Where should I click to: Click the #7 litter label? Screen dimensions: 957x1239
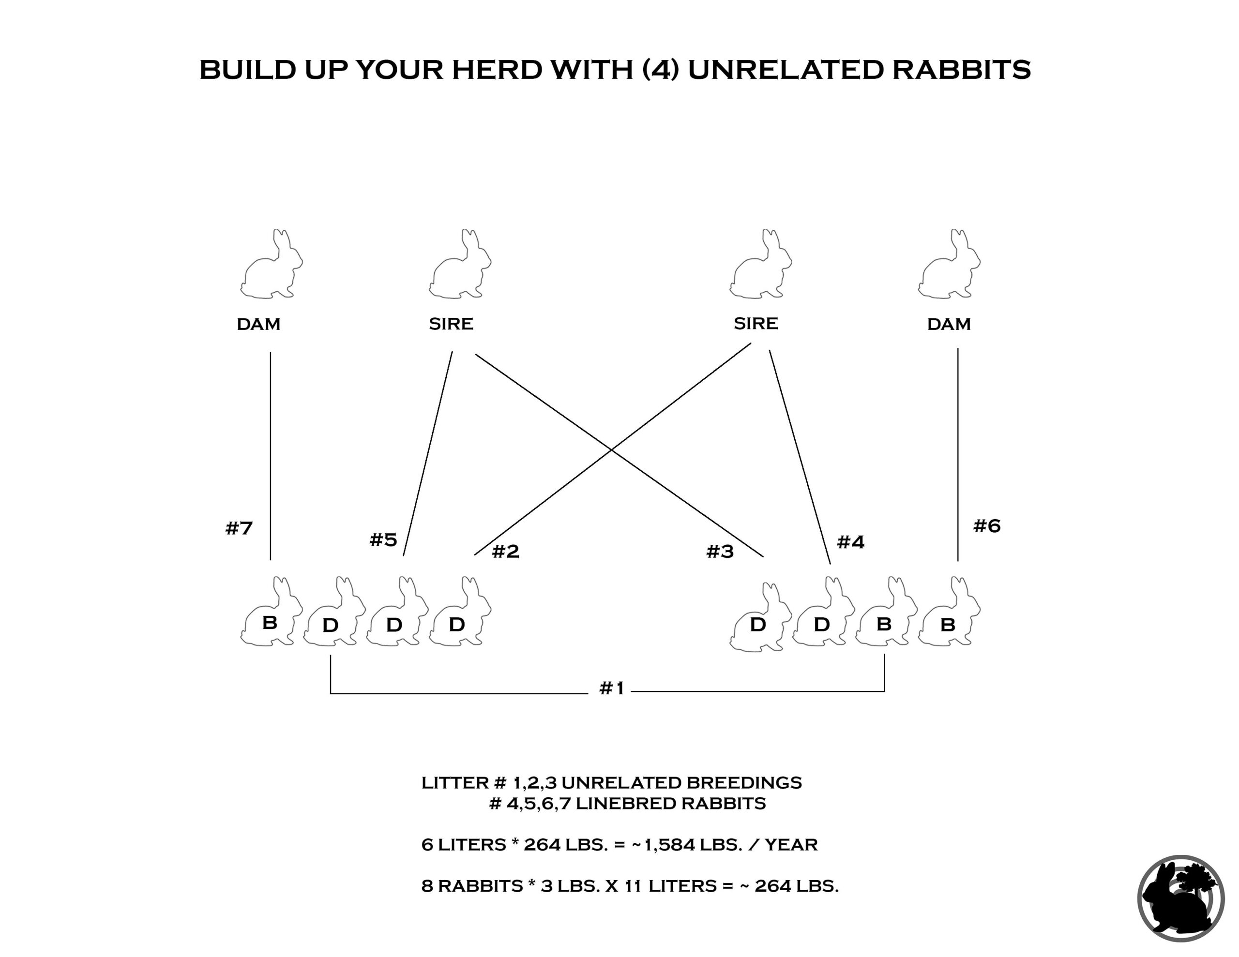(239, 528)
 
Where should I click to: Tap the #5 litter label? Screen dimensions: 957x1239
(383, 539)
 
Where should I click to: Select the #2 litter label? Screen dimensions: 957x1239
(505, 551)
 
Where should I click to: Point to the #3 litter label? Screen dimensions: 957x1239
(720, 551)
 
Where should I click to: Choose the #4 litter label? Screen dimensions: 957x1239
(851, 542)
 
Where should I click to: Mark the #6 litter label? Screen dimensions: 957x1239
(987, 526)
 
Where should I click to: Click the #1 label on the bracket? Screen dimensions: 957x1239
(612, 688)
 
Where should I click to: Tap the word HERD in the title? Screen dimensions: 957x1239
(497, 69)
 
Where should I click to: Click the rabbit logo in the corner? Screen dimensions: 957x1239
(1180, 898)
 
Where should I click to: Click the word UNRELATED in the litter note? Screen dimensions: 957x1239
(621, 783)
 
